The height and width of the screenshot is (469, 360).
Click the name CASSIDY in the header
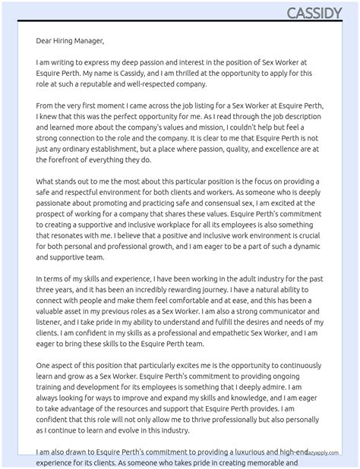pos(314,13)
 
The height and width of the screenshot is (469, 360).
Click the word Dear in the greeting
pos(45,41)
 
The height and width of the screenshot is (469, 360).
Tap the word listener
pos(50,322)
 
